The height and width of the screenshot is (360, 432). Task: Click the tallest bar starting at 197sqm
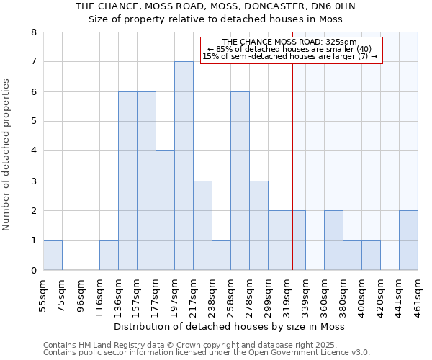(184, 166)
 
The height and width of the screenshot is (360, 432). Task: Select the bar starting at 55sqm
(53, 255)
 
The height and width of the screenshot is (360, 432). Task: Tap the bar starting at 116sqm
(109, 255)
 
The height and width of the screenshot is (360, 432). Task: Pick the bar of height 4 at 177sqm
(165, 210)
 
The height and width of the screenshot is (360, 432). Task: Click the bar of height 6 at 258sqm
(240, 181)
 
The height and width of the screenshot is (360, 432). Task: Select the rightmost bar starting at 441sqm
(408, 240)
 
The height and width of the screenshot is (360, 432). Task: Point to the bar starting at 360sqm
(333, 240)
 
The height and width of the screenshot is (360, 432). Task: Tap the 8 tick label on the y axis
(33, 32)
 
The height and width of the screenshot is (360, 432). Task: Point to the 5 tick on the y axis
(33, 122)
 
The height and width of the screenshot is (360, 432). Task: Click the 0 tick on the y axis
(33, 271)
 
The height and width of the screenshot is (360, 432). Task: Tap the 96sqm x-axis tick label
(81, 294)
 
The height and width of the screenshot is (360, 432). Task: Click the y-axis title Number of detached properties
(7, 156)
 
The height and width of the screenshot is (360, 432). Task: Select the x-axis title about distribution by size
(230, 327)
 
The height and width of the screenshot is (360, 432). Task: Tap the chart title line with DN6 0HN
(216, 6)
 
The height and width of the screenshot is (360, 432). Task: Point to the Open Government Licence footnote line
(207, 353)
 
